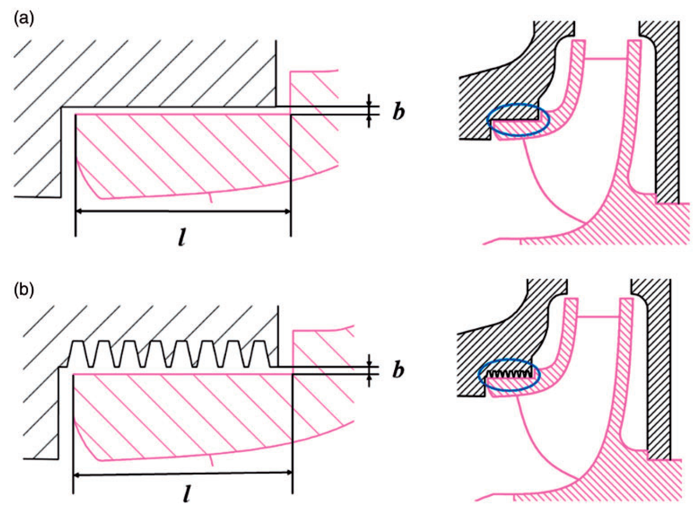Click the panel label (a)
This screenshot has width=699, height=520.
pos(24,19)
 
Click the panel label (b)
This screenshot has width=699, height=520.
pos(24,290)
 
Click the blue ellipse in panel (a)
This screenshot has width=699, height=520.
pos(518,120)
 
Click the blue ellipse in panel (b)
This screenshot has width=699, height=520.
pos(509,375)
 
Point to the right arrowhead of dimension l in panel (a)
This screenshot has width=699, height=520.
pos(287,211)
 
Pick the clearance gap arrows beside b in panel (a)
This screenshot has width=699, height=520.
pos(369,111)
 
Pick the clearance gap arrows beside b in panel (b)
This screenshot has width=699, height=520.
pos(369,370)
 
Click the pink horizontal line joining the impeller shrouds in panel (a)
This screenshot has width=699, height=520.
pos(607,59)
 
